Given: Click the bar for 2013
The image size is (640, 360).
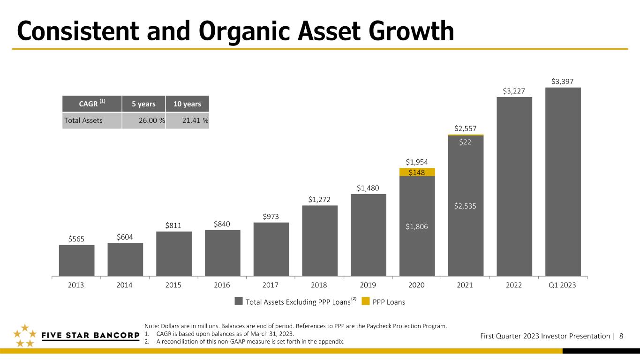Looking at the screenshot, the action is coord(76,260).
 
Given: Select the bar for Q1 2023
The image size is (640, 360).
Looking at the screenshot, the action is coord(563,182).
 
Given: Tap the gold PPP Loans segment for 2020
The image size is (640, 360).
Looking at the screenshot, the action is coord(417,172).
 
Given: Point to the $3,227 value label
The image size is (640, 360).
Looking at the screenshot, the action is coord(514,91).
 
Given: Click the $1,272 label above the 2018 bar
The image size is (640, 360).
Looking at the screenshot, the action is coord(319,199).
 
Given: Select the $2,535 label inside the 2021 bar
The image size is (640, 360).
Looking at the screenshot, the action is coord(465,206).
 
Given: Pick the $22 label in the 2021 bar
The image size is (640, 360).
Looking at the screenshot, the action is coord(465,142).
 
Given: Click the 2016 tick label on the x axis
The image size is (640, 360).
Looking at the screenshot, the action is coord(222,285).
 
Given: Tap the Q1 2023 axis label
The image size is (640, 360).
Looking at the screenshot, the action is coord(562,285).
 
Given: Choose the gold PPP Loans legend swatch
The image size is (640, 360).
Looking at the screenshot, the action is coord(365,301).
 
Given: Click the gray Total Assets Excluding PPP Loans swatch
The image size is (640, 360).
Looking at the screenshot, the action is coord(239,301).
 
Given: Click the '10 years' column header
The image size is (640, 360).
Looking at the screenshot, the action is coord(187,104).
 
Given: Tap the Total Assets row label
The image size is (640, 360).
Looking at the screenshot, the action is coord(83,120).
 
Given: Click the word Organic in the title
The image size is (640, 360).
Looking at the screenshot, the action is coord(244,31).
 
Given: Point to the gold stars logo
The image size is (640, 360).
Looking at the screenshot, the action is coord(25,336).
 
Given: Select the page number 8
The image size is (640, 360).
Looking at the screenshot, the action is coord(621,336).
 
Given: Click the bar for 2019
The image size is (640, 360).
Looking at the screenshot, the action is coord(369,235).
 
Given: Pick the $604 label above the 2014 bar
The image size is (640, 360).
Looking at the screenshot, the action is coord(125,237).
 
